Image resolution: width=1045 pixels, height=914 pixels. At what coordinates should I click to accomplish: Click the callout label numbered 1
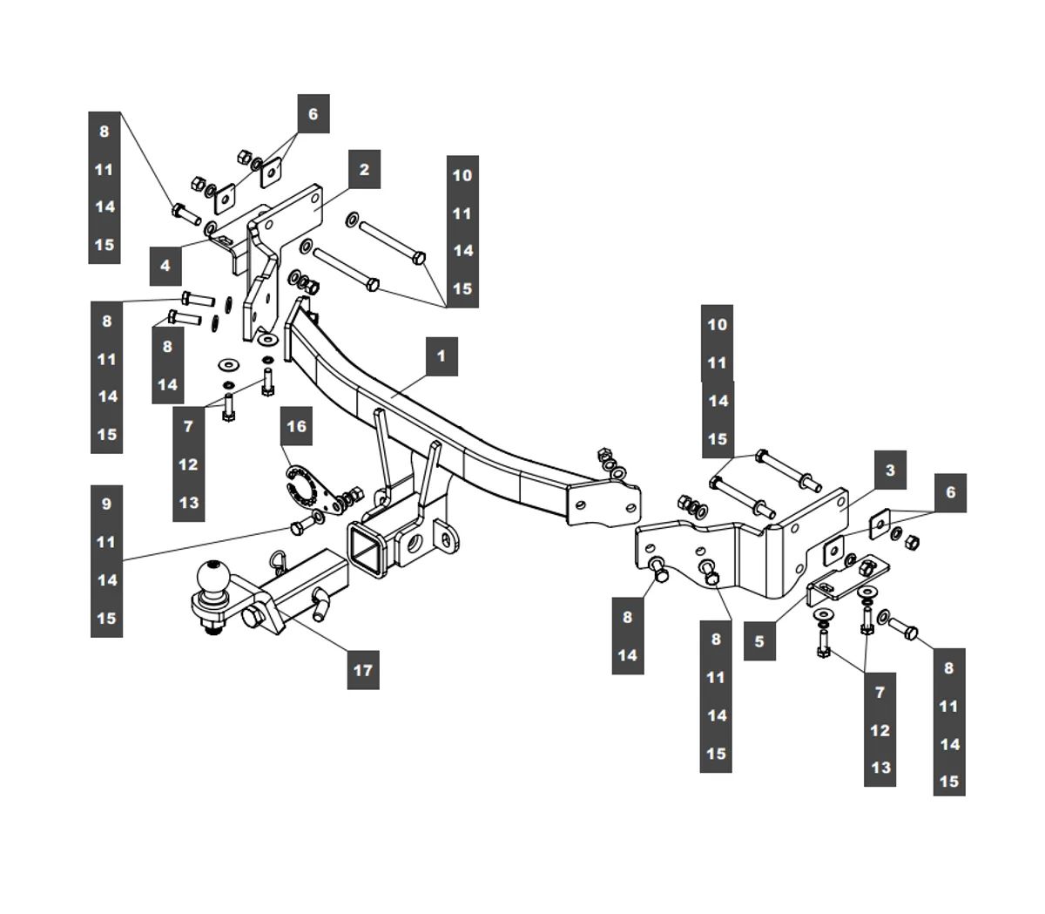(442, 356)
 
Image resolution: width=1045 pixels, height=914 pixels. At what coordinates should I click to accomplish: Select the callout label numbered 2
(364, 170)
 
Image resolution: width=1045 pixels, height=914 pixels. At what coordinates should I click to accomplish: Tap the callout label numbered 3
(890, 471)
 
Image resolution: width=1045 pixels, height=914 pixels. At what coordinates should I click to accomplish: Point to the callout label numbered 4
(165, 266)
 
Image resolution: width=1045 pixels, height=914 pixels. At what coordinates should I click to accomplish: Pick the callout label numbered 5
(759, 642)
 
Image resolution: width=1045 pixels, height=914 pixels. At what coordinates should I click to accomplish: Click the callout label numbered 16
(296, 426)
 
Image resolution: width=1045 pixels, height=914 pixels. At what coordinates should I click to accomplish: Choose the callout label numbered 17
(363, 670)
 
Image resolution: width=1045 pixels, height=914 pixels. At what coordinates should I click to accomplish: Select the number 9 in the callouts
(106, 504)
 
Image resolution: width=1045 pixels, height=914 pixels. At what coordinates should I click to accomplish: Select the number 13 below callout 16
(188, 503)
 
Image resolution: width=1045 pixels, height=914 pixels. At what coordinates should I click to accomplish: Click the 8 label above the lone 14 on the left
(167, 346)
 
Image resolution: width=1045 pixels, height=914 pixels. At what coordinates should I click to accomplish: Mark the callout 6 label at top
(313, 113)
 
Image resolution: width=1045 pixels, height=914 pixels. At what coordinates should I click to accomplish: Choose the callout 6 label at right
(950, 492)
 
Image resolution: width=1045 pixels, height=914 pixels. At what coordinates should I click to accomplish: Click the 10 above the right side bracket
(717, 324)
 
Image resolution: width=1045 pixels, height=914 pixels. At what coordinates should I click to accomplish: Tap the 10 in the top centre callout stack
(462, 174)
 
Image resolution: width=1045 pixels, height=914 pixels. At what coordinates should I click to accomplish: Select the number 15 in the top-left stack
(104, 244)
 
